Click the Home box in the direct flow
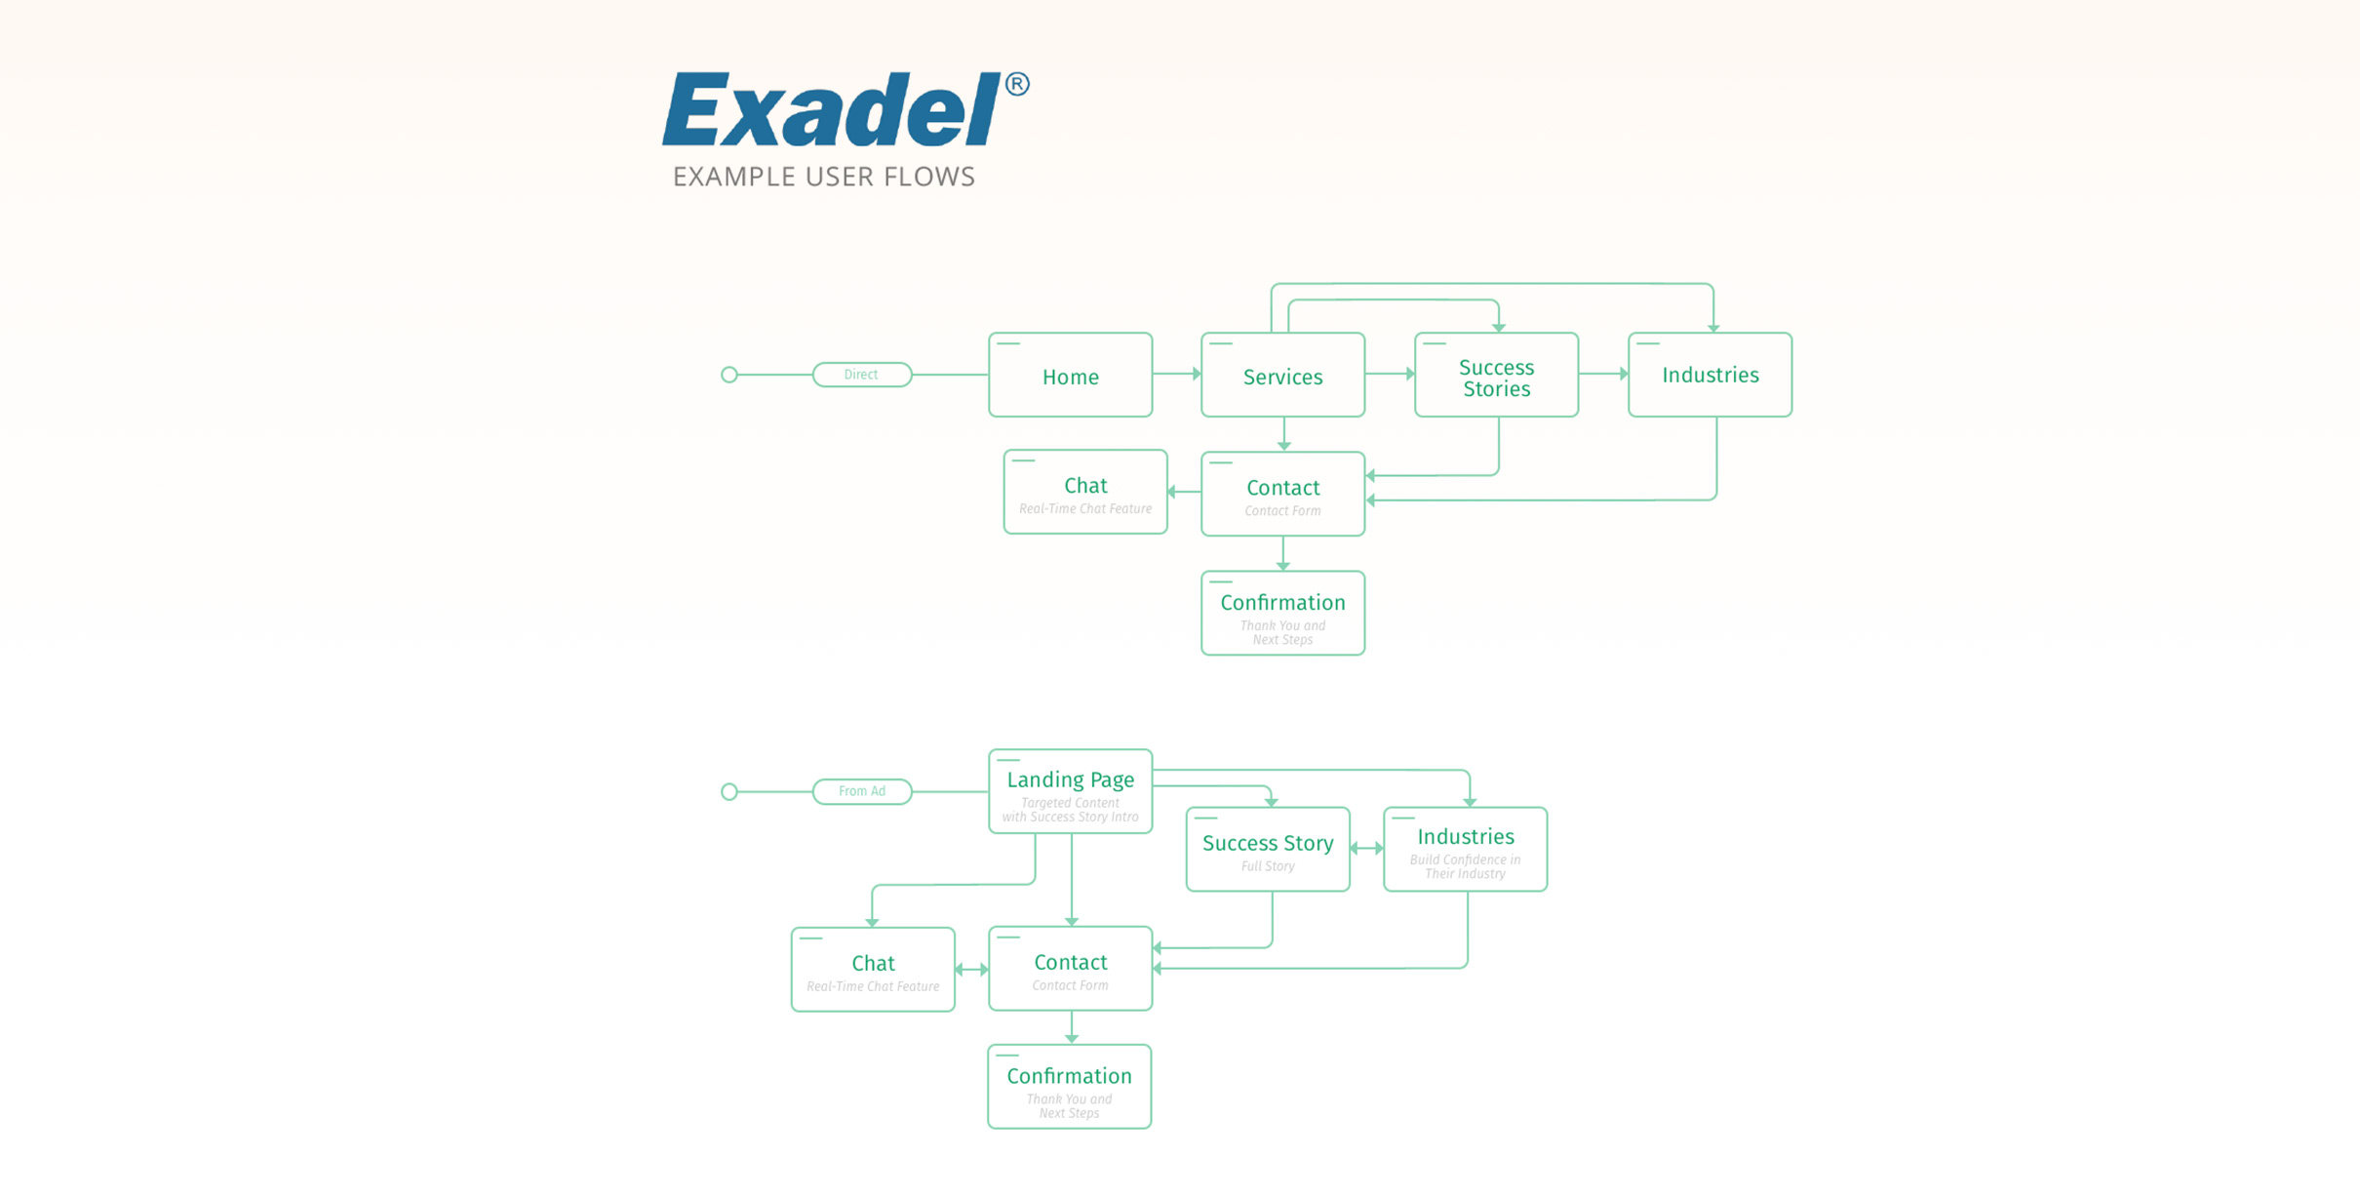click(1070, 376)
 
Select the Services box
click(1282, 376)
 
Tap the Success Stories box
click(1496, 376)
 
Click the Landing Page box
click(1070, 791)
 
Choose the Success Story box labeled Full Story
click(1267, 849)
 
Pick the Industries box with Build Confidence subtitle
click(1465, 849)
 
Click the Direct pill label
click(861, 375)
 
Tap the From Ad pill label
click(861, 791)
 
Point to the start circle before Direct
click(728, 375)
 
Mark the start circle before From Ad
click(728, 791)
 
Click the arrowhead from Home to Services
click(1196, 374)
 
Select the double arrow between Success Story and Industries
click(1366, 849)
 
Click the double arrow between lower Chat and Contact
click(971, 970)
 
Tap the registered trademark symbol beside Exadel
click(1016, 85)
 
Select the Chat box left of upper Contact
click(1084, 492)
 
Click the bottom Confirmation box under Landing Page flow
click(1069, 1087)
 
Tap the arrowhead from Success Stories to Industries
click(1623, 374)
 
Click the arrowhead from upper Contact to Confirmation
click(1283, 566)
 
